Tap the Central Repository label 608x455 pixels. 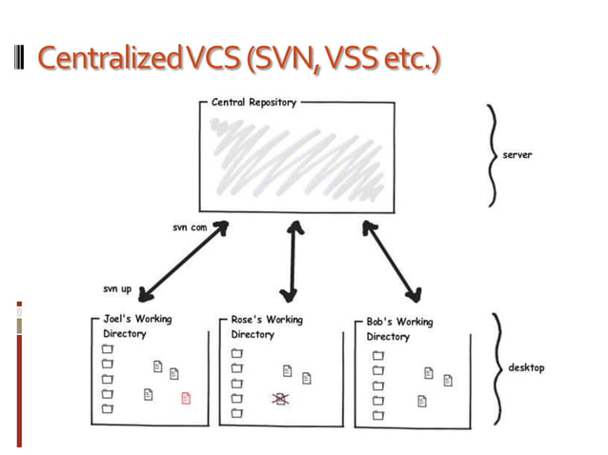pos(253,101)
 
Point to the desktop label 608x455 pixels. pos(525,368)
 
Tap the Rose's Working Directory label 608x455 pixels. pos(266,326)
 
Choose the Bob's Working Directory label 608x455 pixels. pos(398,329)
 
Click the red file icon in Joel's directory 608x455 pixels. pos(186,398)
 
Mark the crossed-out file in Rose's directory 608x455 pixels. pos(281,399)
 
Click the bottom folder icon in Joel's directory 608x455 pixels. pos(108,409)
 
